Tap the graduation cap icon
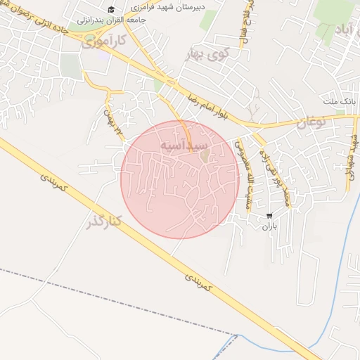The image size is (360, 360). [x=110, y=10]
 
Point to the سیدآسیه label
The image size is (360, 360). [x=184, y=144]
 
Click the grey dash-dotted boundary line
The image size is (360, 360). [x=105, y=299]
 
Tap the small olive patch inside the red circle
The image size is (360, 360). [x=205, y=155]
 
